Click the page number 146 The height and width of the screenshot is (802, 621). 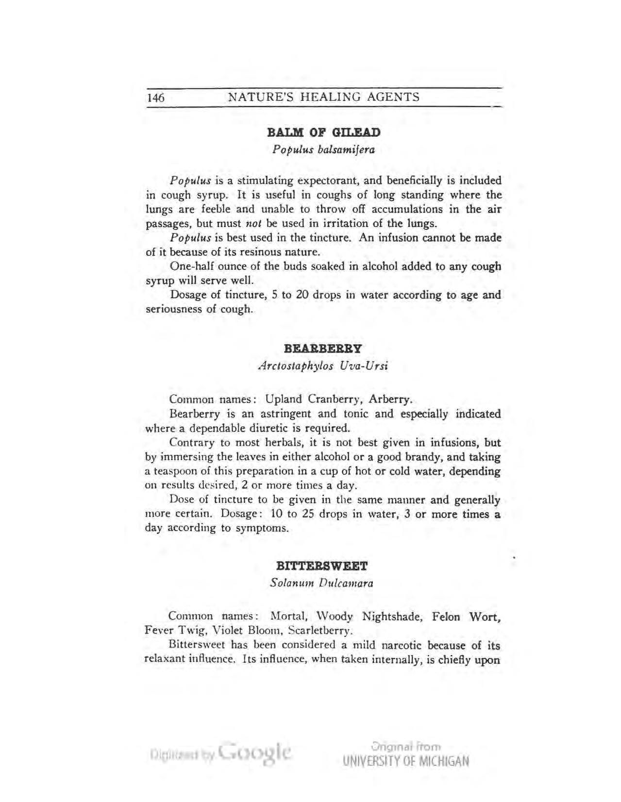click(156, 97)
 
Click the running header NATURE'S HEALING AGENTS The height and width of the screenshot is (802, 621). click(324, 97)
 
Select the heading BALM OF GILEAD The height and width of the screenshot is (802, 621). click(324, 132)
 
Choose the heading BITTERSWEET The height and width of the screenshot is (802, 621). click(322, 566)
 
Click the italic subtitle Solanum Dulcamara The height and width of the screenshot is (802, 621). click(321, 583)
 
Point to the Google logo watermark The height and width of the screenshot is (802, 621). click(255, 753)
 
